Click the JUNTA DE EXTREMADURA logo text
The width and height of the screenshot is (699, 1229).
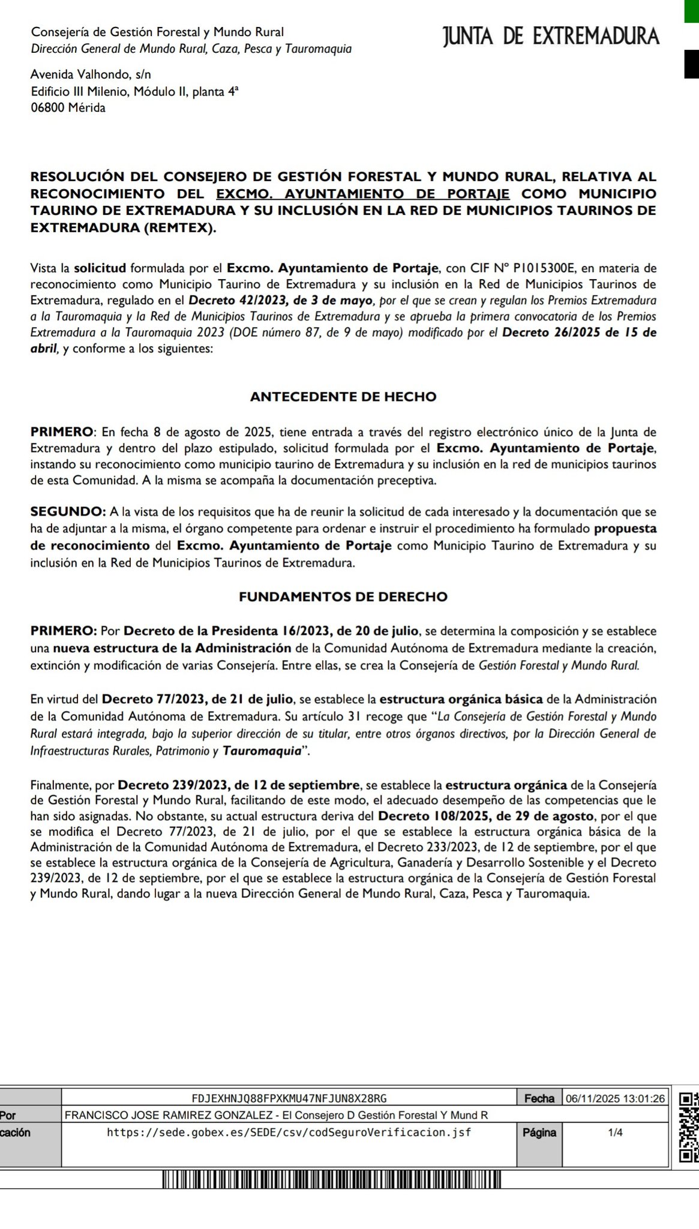(551, 37)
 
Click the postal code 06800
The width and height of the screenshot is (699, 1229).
(49, 108)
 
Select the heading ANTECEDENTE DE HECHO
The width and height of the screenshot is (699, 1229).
(343, 397)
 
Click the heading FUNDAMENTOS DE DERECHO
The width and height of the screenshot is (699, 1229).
(343, 596)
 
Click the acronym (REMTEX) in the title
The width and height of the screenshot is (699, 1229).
(179, 228)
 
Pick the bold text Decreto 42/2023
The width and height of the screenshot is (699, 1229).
(236, 300)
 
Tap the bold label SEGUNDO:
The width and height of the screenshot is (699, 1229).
(68, 512)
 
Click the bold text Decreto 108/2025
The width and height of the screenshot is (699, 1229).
(424, 816)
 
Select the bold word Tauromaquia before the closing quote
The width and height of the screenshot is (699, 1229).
(261, 751)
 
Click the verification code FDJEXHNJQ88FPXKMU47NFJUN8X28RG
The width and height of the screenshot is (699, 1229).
(289, 1098)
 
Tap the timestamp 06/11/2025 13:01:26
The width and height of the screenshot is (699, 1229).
(615, 1098)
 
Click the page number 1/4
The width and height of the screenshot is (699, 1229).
(615, 1132)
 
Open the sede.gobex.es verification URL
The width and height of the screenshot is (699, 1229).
(289, 1132)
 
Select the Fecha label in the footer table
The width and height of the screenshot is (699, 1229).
(539, 1098)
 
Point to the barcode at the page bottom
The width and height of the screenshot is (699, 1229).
(331, 1179)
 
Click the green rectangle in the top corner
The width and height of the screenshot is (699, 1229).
(692, 11)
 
